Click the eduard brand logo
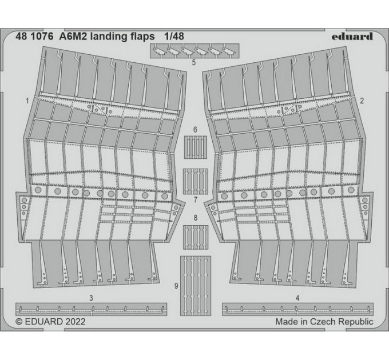352,37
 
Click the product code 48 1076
34,37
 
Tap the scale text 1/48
174,37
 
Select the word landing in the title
109,37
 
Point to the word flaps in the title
142,37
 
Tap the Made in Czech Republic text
324,322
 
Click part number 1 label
27,101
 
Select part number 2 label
362,101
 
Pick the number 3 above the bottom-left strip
91,298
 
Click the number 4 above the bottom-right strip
297,298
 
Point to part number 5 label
194,62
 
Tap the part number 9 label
176,286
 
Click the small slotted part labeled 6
196,147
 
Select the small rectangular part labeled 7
196,181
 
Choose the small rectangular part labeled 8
196,237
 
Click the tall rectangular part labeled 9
196,286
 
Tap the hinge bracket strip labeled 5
194,51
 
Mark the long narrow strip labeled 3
91,309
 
